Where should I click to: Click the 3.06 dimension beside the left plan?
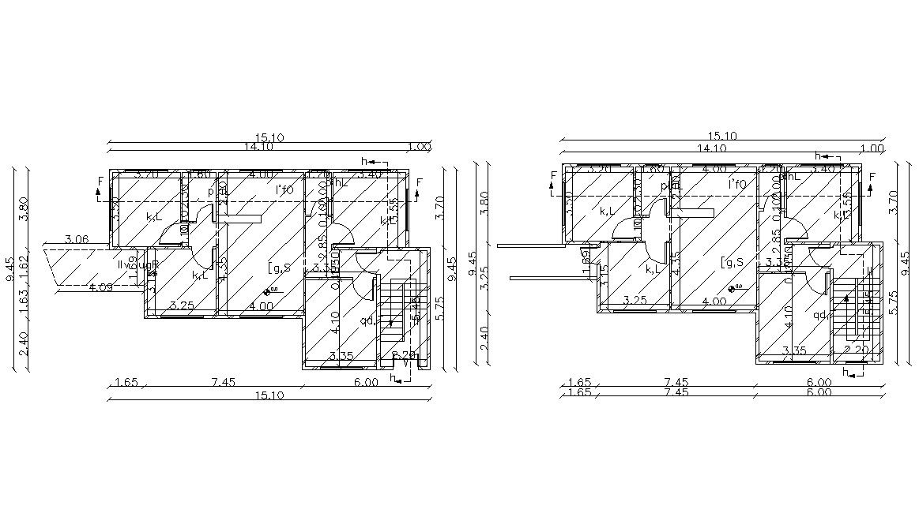[76, 239]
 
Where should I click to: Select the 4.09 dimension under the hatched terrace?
[100, 287]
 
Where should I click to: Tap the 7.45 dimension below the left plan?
[223, 382]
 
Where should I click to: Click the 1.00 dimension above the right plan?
[872, 148]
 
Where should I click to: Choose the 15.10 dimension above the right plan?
[723, 136]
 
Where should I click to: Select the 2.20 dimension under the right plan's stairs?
[857, 350]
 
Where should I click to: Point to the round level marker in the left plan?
[268, 291]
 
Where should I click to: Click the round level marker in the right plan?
[733, 288]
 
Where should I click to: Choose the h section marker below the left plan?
[396, 379]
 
